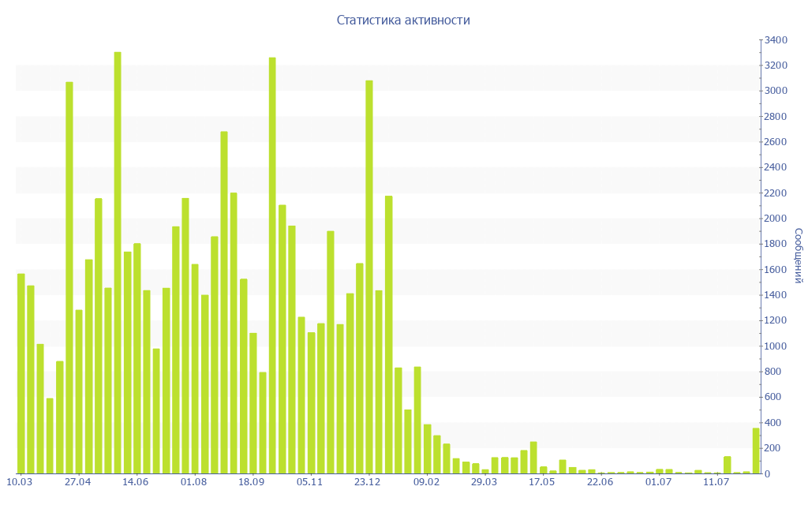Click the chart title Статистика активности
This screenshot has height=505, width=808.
403,21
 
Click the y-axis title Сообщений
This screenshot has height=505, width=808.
798,256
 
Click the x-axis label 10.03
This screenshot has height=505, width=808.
19,482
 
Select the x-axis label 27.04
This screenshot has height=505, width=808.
77,482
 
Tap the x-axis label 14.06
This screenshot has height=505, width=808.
136,482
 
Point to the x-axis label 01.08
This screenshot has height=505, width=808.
193,482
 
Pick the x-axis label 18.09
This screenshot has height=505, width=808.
252,482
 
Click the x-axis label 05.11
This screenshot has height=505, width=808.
310,482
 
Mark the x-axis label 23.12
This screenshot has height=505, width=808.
368,482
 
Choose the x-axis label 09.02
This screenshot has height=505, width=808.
426,482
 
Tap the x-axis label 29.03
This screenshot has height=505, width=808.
484,482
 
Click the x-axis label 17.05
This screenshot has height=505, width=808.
542,482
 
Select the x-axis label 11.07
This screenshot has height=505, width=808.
716,482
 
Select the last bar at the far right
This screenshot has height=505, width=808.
756,451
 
